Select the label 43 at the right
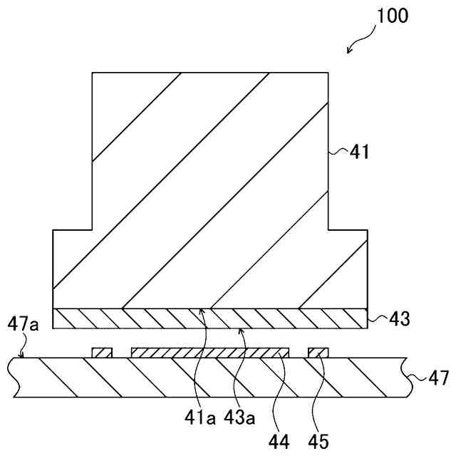[399, 319]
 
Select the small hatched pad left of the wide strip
[103, 353]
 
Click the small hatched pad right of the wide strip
[318, 353]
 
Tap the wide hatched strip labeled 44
[210, 353]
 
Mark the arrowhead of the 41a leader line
[203, 309]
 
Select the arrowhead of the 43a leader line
[242, 328]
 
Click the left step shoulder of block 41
[73, 229]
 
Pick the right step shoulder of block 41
[348, 229]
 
